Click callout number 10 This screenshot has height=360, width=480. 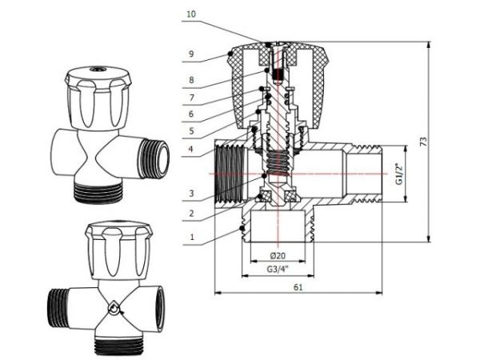point(190,14)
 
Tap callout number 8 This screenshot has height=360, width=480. point(190,80)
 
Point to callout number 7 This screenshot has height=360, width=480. point(190,98)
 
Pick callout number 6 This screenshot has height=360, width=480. point(190,114)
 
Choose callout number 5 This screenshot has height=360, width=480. point(190,130)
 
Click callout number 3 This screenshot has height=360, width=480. point(190,193)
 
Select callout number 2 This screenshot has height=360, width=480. point(190,214)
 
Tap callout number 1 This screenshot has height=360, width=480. point(190,237)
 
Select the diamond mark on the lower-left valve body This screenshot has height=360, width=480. point(114,306)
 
